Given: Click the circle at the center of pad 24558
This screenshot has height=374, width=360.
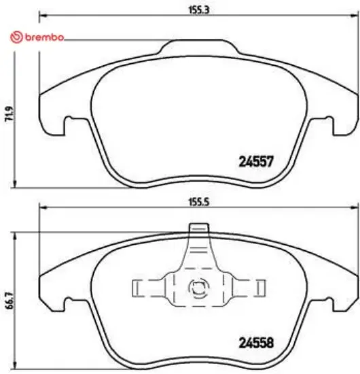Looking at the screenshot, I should [x=198, y=288].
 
